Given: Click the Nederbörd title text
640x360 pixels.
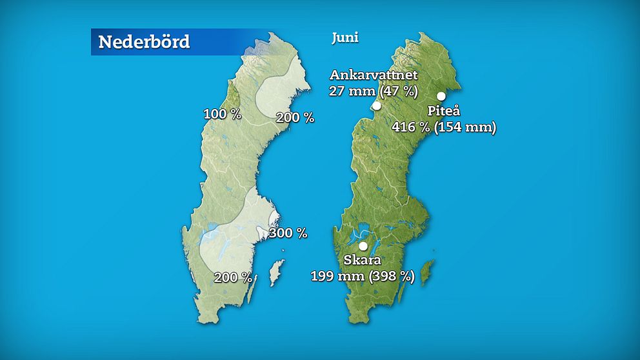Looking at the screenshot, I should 144,42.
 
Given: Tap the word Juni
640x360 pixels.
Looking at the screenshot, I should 345,37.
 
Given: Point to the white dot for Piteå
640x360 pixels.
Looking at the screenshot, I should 441,96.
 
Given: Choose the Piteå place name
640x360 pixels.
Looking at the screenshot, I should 441,111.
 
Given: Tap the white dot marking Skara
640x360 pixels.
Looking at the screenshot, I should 363,246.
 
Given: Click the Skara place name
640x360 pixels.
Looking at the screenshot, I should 362,261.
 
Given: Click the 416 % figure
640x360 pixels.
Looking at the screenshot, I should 410,127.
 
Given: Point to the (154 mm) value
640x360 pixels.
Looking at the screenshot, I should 465,127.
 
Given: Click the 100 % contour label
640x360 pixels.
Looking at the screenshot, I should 222,114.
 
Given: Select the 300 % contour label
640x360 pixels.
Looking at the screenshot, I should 288,233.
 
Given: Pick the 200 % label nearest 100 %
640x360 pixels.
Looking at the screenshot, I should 295,117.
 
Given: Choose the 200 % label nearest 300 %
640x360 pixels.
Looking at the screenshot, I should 233,277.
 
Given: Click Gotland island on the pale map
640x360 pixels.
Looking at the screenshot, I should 276,273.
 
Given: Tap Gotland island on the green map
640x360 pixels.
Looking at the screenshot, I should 426,273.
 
